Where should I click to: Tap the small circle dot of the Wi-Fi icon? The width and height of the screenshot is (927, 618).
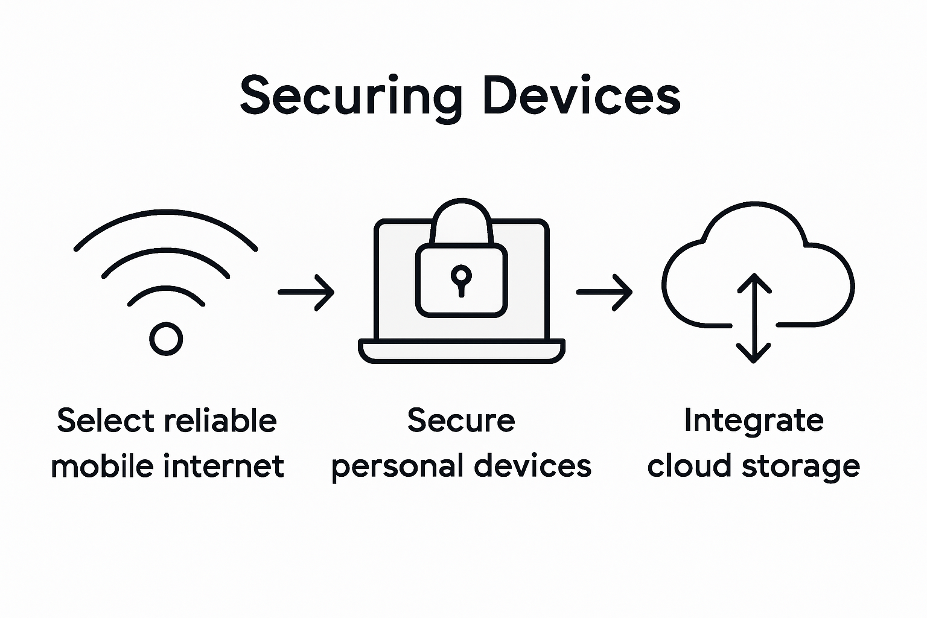pos(166,339)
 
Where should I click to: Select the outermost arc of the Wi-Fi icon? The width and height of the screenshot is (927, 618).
pos(166,213)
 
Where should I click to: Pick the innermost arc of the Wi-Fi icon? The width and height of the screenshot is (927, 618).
pos(166,290)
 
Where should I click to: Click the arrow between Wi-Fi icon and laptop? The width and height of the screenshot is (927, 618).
pos(306,292)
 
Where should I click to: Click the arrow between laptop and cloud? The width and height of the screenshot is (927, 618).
pos(604,292)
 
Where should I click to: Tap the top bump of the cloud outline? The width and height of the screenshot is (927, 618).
pos(754,208)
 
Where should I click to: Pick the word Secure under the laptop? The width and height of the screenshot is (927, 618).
pos(461,421)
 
